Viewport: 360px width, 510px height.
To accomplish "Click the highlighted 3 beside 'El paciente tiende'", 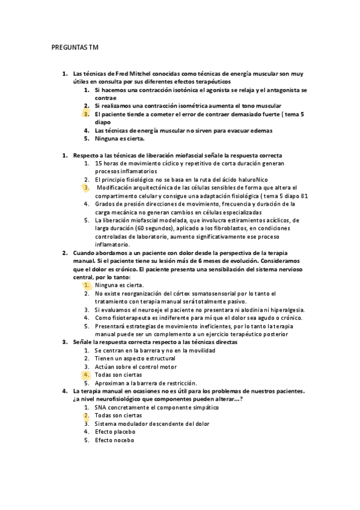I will (87, 113).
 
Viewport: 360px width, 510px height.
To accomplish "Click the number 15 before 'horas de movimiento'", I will (99, 163).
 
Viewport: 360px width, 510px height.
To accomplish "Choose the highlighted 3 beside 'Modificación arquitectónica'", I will (87, 187).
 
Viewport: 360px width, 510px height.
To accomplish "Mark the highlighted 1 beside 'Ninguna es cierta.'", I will (87, 285).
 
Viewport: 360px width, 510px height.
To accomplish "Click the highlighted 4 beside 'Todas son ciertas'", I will (87, 374).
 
